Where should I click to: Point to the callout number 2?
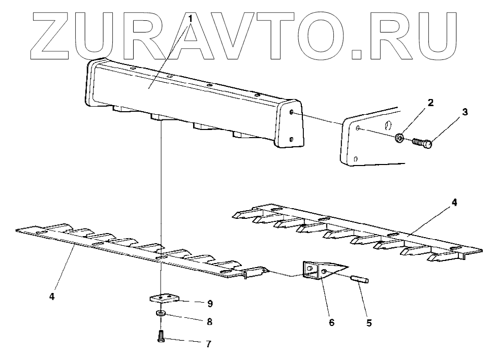click(x=430, y=103)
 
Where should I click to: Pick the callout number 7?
click(x=208, y=344)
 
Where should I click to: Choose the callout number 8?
click(x=208, y=321)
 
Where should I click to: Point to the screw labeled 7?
click(x=161, y=336)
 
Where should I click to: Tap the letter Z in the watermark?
click(x=56, y=32)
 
